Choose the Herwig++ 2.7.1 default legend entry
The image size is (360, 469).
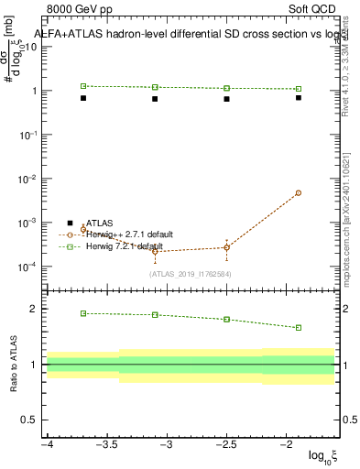click(133, 234)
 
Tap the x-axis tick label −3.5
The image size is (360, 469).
click(106, 444)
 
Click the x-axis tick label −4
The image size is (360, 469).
click(47, 444)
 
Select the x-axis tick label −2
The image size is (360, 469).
click(287, 444)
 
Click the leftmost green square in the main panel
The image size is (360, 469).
click(83, 86)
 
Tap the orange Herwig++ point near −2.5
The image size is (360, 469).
click(226, 247)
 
